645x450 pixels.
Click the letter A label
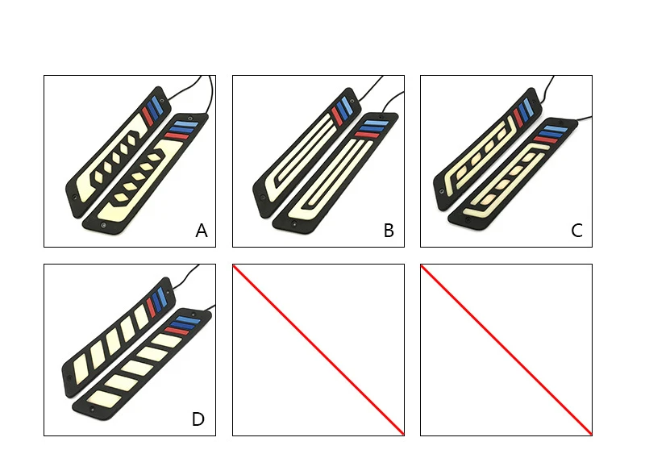pos(202,231)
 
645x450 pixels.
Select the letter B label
pos(389,231)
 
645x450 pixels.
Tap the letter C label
pos(576,231)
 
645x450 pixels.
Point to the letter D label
pos(198,419)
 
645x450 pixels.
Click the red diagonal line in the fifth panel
pos(318,349)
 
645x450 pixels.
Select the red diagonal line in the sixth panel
pos(506,349)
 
